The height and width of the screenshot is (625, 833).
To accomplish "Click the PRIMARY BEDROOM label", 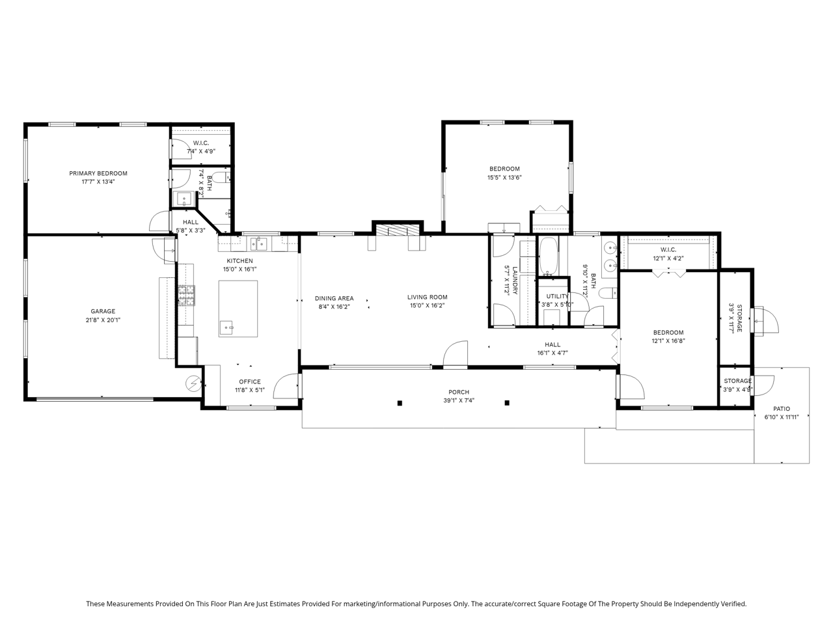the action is [x=98, y=173].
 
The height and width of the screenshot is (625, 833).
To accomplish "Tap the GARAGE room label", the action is [x=103, y=312].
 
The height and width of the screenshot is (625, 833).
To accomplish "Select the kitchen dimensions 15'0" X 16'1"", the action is [x=240, y=270].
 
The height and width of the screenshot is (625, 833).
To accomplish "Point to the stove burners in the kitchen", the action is [x=186, y=296].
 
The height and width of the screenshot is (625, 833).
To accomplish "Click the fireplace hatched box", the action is [x=398, y=230].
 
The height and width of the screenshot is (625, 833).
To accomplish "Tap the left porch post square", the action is [x=400, y=404].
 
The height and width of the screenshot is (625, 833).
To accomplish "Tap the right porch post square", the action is [x=507, y=403].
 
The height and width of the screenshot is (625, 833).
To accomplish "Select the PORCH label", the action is [x=459, y=392].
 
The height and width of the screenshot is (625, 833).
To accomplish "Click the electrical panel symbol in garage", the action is [x=193, y=383].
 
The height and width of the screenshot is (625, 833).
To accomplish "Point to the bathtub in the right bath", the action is [x=548, y=256].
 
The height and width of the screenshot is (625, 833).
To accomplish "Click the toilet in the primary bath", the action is [x=221, y=177].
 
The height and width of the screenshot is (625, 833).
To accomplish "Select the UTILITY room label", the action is [x=558, y=296].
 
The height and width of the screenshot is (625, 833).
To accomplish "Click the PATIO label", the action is [x=782, y=409].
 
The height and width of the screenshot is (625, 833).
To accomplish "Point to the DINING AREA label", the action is [x=334, y=299].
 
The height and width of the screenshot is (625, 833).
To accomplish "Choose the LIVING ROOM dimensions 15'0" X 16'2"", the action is [x=428, y=306].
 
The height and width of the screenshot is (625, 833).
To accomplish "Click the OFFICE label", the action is [x=250, y=382].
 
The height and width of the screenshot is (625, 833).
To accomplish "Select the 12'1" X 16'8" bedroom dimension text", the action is [x=668, y=340].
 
